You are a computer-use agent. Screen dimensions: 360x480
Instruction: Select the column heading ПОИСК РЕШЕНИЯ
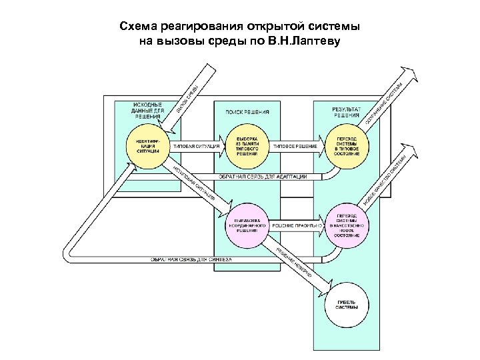click(247, 112)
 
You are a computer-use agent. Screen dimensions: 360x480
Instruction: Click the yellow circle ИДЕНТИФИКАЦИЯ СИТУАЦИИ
click(147, 145)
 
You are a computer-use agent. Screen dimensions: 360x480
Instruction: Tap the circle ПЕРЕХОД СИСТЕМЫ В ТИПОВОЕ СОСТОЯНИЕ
click(347, 145)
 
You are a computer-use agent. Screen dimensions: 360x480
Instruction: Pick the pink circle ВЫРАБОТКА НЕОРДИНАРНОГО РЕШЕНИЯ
click(247, 225)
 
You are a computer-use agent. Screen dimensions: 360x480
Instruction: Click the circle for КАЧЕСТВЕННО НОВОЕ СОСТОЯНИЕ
click(347, 226)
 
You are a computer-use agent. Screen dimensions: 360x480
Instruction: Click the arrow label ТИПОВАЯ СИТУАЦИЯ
click(196, 146)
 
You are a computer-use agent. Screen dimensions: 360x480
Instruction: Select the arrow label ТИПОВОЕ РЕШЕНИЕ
click(296, 146)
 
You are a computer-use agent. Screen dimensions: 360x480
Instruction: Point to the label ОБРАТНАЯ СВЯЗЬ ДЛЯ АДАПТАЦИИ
click(263, 176)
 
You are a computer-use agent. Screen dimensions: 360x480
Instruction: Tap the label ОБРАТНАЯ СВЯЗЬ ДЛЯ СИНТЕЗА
click(191, 258)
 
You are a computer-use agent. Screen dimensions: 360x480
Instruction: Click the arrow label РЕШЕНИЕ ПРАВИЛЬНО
click(296, 226)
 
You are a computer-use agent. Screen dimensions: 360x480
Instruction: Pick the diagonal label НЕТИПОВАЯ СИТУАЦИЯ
click(194, 183)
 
